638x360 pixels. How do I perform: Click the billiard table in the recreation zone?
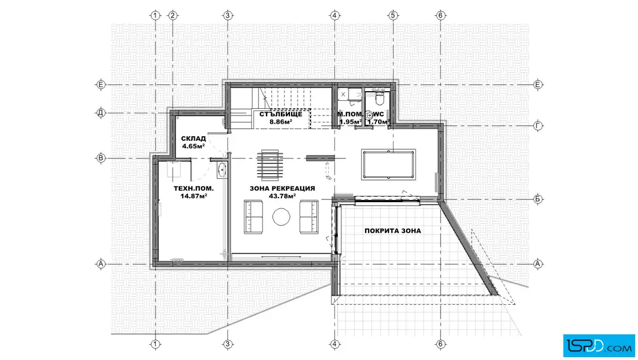(x=388, y=165)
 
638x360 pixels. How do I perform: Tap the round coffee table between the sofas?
(x=281, y=217)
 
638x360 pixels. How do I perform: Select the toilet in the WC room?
(x=379, y=98)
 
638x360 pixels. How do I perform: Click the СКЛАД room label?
(x=193, y=139)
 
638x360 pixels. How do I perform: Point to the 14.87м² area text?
(x=194, y=196)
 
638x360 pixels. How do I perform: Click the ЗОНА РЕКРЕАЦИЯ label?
(x=283, y=189)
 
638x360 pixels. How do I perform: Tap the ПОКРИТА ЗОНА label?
(x=392, y=231)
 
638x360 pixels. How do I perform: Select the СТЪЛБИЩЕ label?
(x=281, y=114)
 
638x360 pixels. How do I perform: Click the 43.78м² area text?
(x=283, y=196)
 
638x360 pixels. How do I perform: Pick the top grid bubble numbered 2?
(x=173, y=15)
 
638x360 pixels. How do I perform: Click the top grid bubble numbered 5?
(x=392, y=15)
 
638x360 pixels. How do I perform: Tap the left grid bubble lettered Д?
(x=101, y=113)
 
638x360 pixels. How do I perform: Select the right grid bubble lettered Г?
(x=538, y=126)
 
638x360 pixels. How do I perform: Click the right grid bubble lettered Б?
(x=538, y=199)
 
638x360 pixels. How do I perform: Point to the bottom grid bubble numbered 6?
(x=441, y=344)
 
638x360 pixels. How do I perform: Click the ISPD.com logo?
(x=599, y=346)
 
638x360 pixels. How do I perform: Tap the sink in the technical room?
(x=222, y=170)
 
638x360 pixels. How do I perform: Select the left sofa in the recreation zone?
(x=253, y=217)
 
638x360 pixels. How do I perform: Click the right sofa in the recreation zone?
(x=309, y=217)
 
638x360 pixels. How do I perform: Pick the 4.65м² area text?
(x=193, y=146)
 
